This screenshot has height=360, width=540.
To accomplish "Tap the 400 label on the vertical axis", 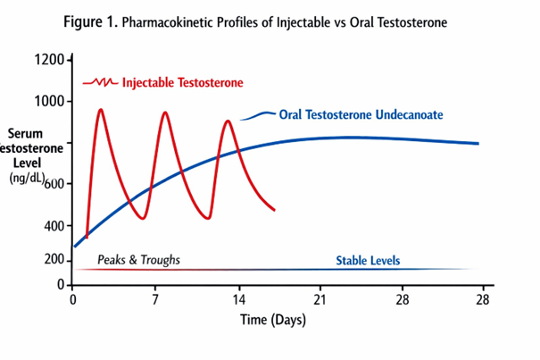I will pos(54,225).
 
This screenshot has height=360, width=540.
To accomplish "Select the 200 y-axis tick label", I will pos(54,260).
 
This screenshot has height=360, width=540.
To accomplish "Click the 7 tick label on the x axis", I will pos(154,299).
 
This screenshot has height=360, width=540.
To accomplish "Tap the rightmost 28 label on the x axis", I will pos(483,299).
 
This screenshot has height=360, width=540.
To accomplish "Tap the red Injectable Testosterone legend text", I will pos(182,83).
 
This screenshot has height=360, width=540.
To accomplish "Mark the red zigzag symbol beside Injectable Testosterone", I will pos(100,83).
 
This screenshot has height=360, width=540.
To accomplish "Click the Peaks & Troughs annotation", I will pos(138,260).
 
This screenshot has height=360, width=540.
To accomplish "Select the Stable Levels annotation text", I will pos(368,261).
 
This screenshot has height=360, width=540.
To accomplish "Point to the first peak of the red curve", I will pos(100,110).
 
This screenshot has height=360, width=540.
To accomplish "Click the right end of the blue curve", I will pos(478,143).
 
